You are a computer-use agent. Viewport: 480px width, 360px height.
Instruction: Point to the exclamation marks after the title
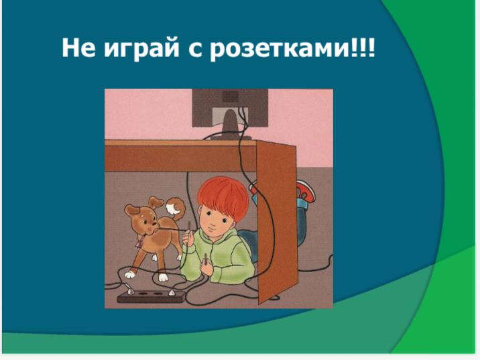point(363,48)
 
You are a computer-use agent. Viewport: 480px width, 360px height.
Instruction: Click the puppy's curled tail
point(176,206)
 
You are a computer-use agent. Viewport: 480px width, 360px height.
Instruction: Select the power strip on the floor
point(152,296)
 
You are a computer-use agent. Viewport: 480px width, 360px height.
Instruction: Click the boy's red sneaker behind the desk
point(305,190)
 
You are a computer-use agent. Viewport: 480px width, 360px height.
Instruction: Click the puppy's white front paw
point(163,277)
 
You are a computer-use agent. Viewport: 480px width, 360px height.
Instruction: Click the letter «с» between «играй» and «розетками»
point(195,50)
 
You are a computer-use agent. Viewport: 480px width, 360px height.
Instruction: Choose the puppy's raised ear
point(156,202)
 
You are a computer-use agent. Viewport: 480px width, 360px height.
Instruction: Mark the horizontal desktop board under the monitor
point(180,156)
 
